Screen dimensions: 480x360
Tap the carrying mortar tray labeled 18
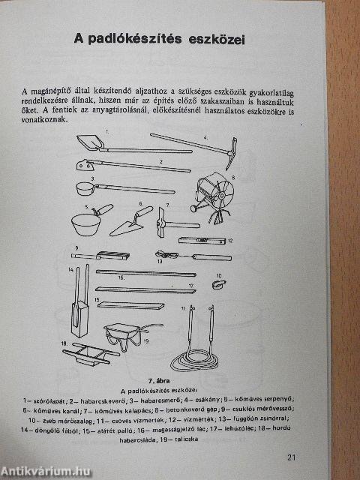tap(90, 351)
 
